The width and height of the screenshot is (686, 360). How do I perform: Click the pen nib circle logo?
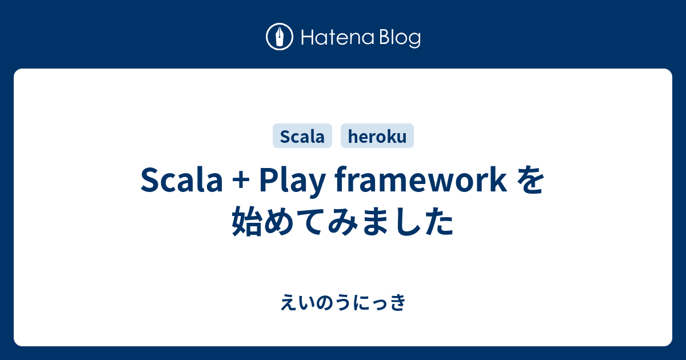coord(280,37)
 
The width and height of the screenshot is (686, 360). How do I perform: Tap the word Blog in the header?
coord(400,39)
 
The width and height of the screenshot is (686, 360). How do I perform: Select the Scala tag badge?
coord(302,135)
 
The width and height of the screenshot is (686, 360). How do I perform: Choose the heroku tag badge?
coord(377,135)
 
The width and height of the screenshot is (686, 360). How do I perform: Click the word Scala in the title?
coord(182,181)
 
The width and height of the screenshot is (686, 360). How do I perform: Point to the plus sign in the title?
coord(241,181)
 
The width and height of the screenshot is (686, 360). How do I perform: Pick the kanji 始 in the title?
coord(247,221)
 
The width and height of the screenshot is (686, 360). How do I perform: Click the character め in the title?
coord(280,221)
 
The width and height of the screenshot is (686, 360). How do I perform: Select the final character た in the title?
coord(438,221)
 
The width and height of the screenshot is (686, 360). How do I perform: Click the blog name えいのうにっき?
coord(343,303)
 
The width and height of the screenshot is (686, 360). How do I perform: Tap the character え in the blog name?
coord(289,303)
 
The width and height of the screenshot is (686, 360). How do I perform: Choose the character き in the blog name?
coord(397,303)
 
